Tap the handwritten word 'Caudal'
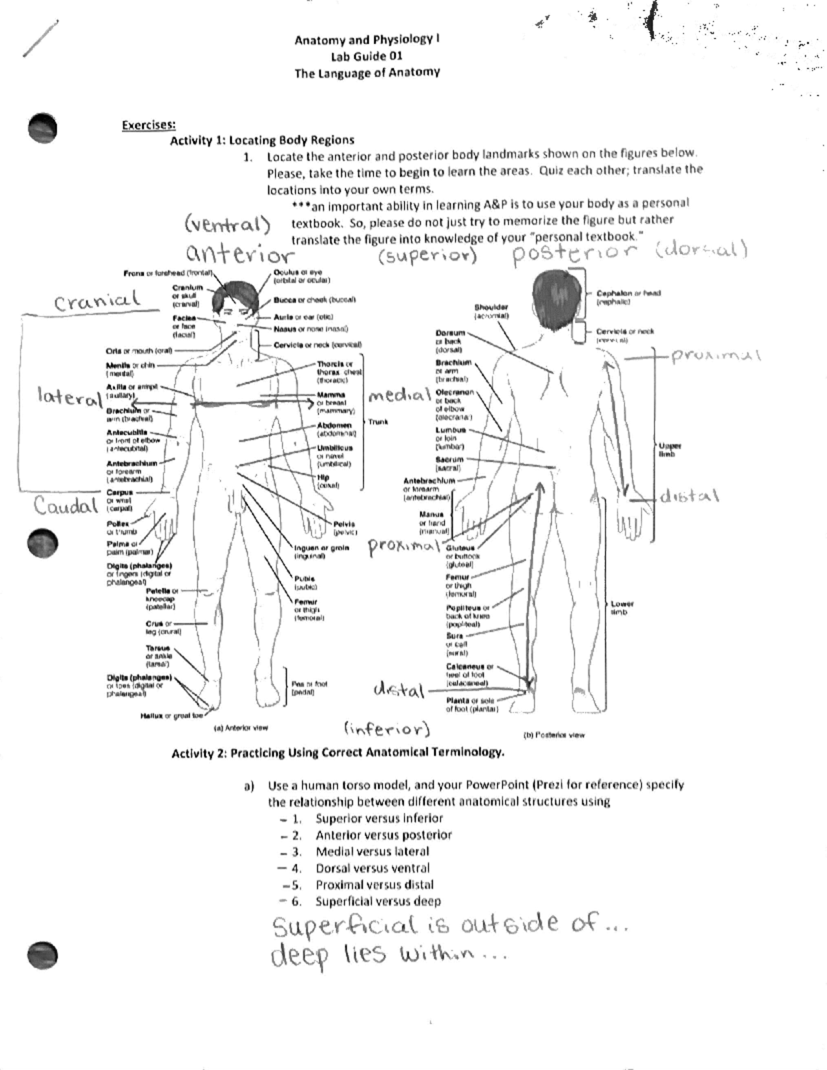(67, 506)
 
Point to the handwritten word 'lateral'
(69, 397)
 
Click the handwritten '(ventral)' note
(227, 224)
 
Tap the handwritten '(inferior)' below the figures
(386, 729)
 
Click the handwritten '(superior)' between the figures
(427, 256)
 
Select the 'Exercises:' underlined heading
(148, 125)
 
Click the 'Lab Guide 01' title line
(367, 56)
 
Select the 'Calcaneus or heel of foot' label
(469, 675)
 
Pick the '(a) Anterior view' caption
(241, 727)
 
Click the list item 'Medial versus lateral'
(372, 852)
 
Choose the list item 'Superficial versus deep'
(378, 901)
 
